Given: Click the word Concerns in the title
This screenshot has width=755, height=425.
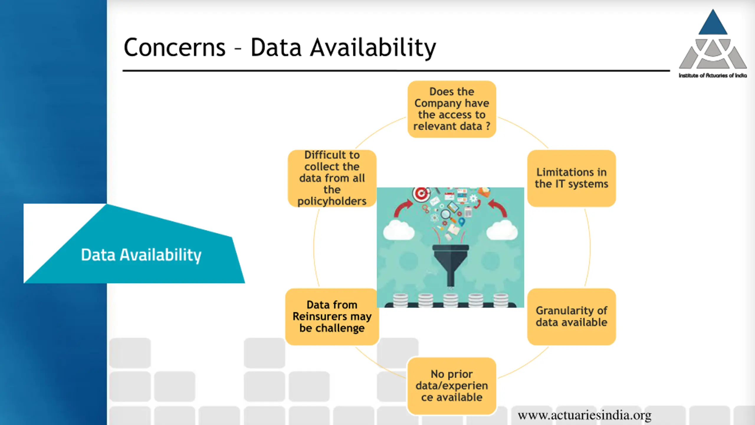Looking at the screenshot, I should coord(175,48).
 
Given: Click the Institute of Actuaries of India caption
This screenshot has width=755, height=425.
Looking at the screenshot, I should coord(713,76).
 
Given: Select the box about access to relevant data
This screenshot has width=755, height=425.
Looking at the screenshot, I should coord(452,109).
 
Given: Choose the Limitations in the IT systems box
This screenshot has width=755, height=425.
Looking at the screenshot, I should coord(571,178).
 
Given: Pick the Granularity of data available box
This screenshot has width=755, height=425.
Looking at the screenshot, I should coord(571,316).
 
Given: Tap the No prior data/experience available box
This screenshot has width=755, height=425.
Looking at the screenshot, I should coord(452,385).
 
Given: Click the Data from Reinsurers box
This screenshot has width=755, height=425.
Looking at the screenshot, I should coord(332,316).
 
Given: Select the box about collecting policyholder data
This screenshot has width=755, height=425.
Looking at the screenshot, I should coord(332,178).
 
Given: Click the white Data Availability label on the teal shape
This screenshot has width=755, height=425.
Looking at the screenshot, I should coord(141,255).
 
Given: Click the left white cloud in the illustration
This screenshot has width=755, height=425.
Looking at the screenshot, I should coord(398,230).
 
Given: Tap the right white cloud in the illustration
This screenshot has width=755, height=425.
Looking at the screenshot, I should coord(502,230).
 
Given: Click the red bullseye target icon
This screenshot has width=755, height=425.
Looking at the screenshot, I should coord(421,194).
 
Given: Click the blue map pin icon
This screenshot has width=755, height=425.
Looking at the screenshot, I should coord(462,222).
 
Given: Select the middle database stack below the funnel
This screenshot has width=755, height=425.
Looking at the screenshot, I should coord(450,300).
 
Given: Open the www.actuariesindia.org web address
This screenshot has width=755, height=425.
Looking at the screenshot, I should coord(585,415).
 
